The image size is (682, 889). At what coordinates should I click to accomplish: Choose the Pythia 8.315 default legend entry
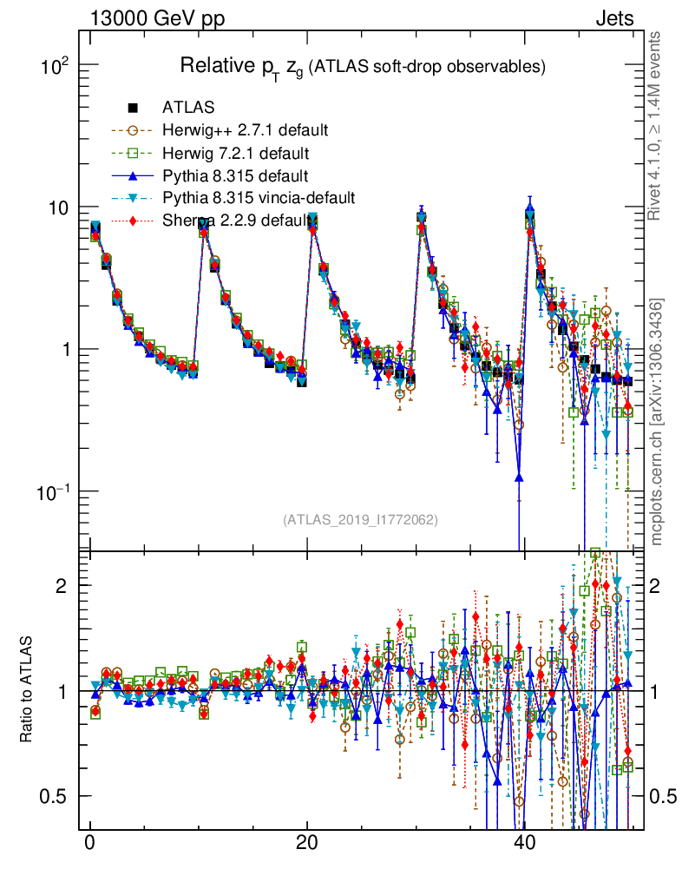tap(235, 175)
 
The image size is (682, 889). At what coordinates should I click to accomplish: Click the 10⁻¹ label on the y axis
tap(57, 491)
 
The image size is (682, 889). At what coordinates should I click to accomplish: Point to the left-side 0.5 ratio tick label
tap(56, 796)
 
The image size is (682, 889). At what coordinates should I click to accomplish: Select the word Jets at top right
tap(613, 18)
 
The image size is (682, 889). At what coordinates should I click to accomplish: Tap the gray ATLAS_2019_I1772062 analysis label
tap(360, 520)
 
